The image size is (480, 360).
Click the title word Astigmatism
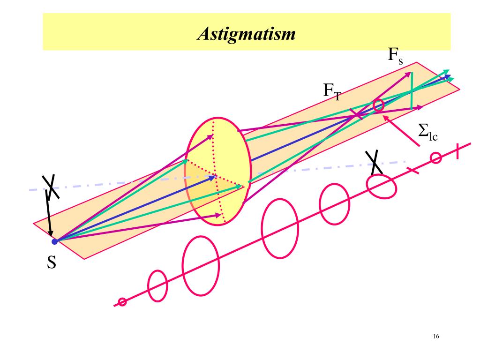(x=246, y=34)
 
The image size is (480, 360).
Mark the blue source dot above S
(x=54, y=241)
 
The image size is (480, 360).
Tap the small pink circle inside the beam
(x=379, y=105)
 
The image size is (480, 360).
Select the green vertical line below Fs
(x=411, y=91)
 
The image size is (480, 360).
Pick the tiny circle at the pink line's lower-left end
(x=122, y=302)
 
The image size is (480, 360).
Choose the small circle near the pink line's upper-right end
(x=435, y=158)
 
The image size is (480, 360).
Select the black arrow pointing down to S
(x=50, y=216)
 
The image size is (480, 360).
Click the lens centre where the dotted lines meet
(x=215, y=177)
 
